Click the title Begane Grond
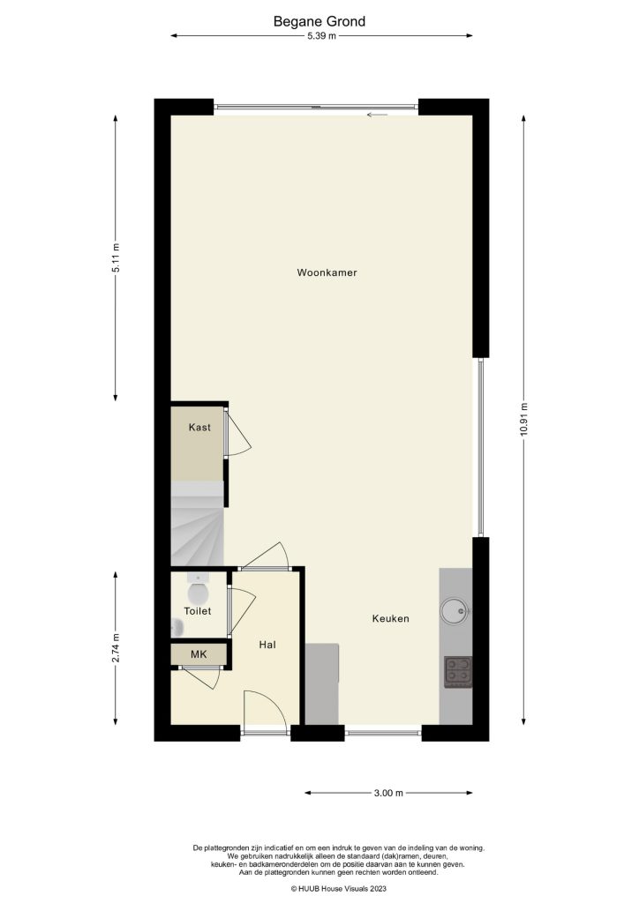(319, 21)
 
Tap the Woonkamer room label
(327, 273)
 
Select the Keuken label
(390, 619)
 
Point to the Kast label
(199, 428)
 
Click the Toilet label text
(198, 611)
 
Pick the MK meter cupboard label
(199, 654)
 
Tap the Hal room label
(268, 645)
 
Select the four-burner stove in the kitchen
(457, 672)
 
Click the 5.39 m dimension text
(321, 36)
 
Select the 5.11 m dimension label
(116, 258)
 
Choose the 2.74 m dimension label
(116, 649)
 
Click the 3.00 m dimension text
(387, 794)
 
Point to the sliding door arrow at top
(377, 115)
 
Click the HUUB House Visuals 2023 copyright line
(339, 889)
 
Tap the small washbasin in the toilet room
(177, 627)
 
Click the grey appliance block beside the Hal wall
(322, 683)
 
